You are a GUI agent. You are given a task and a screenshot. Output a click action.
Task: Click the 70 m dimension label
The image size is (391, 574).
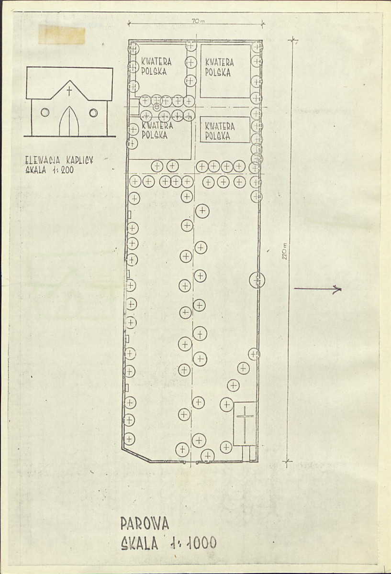click(198, 22)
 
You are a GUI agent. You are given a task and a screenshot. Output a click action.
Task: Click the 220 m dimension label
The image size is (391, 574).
click(285, 251)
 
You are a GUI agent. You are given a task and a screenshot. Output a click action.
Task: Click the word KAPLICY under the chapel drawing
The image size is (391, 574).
click(79, 160)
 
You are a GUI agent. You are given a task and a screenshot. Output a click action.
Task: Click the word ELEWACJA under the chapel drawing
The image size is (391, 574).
click(43, 160)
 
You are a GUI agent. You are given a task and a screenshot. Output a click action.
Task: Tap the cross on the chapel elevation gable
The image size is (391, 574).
click(69, 91)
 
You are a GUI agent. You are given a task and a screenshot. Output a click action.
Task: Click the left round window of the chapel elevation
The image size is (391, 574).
click(45, 112)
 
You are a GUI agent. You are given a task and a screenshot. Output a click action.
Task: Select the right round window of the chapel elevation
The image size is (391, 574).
click(93, 112)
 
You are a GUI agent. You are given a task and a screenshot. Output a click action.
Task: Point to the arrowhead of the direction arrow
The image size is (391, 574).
click(338, 289)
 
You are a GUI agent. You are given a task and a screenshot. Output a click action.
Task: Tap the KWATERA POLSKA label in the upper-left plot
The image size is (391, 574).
click(156, 66)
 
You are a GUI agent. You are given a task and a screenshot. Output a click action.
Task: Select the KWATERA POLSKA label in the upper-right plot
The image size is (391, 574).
click(220, 68)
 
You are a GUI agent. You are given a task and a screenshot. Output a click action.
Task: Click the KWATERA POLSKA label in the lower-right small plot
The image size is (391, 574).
click(220, 131)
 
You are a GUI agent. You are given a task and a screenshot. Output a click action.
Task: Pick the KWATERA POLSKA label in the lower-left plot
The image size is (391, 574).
click(157, 131)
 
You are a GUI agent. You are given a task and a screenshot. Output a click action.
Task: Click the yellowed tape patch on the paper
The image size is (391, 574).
click(62, 34)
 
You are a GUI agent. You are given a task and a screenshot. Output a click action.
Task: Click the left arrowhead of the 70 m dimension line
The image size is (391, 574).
click(129, 23)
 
